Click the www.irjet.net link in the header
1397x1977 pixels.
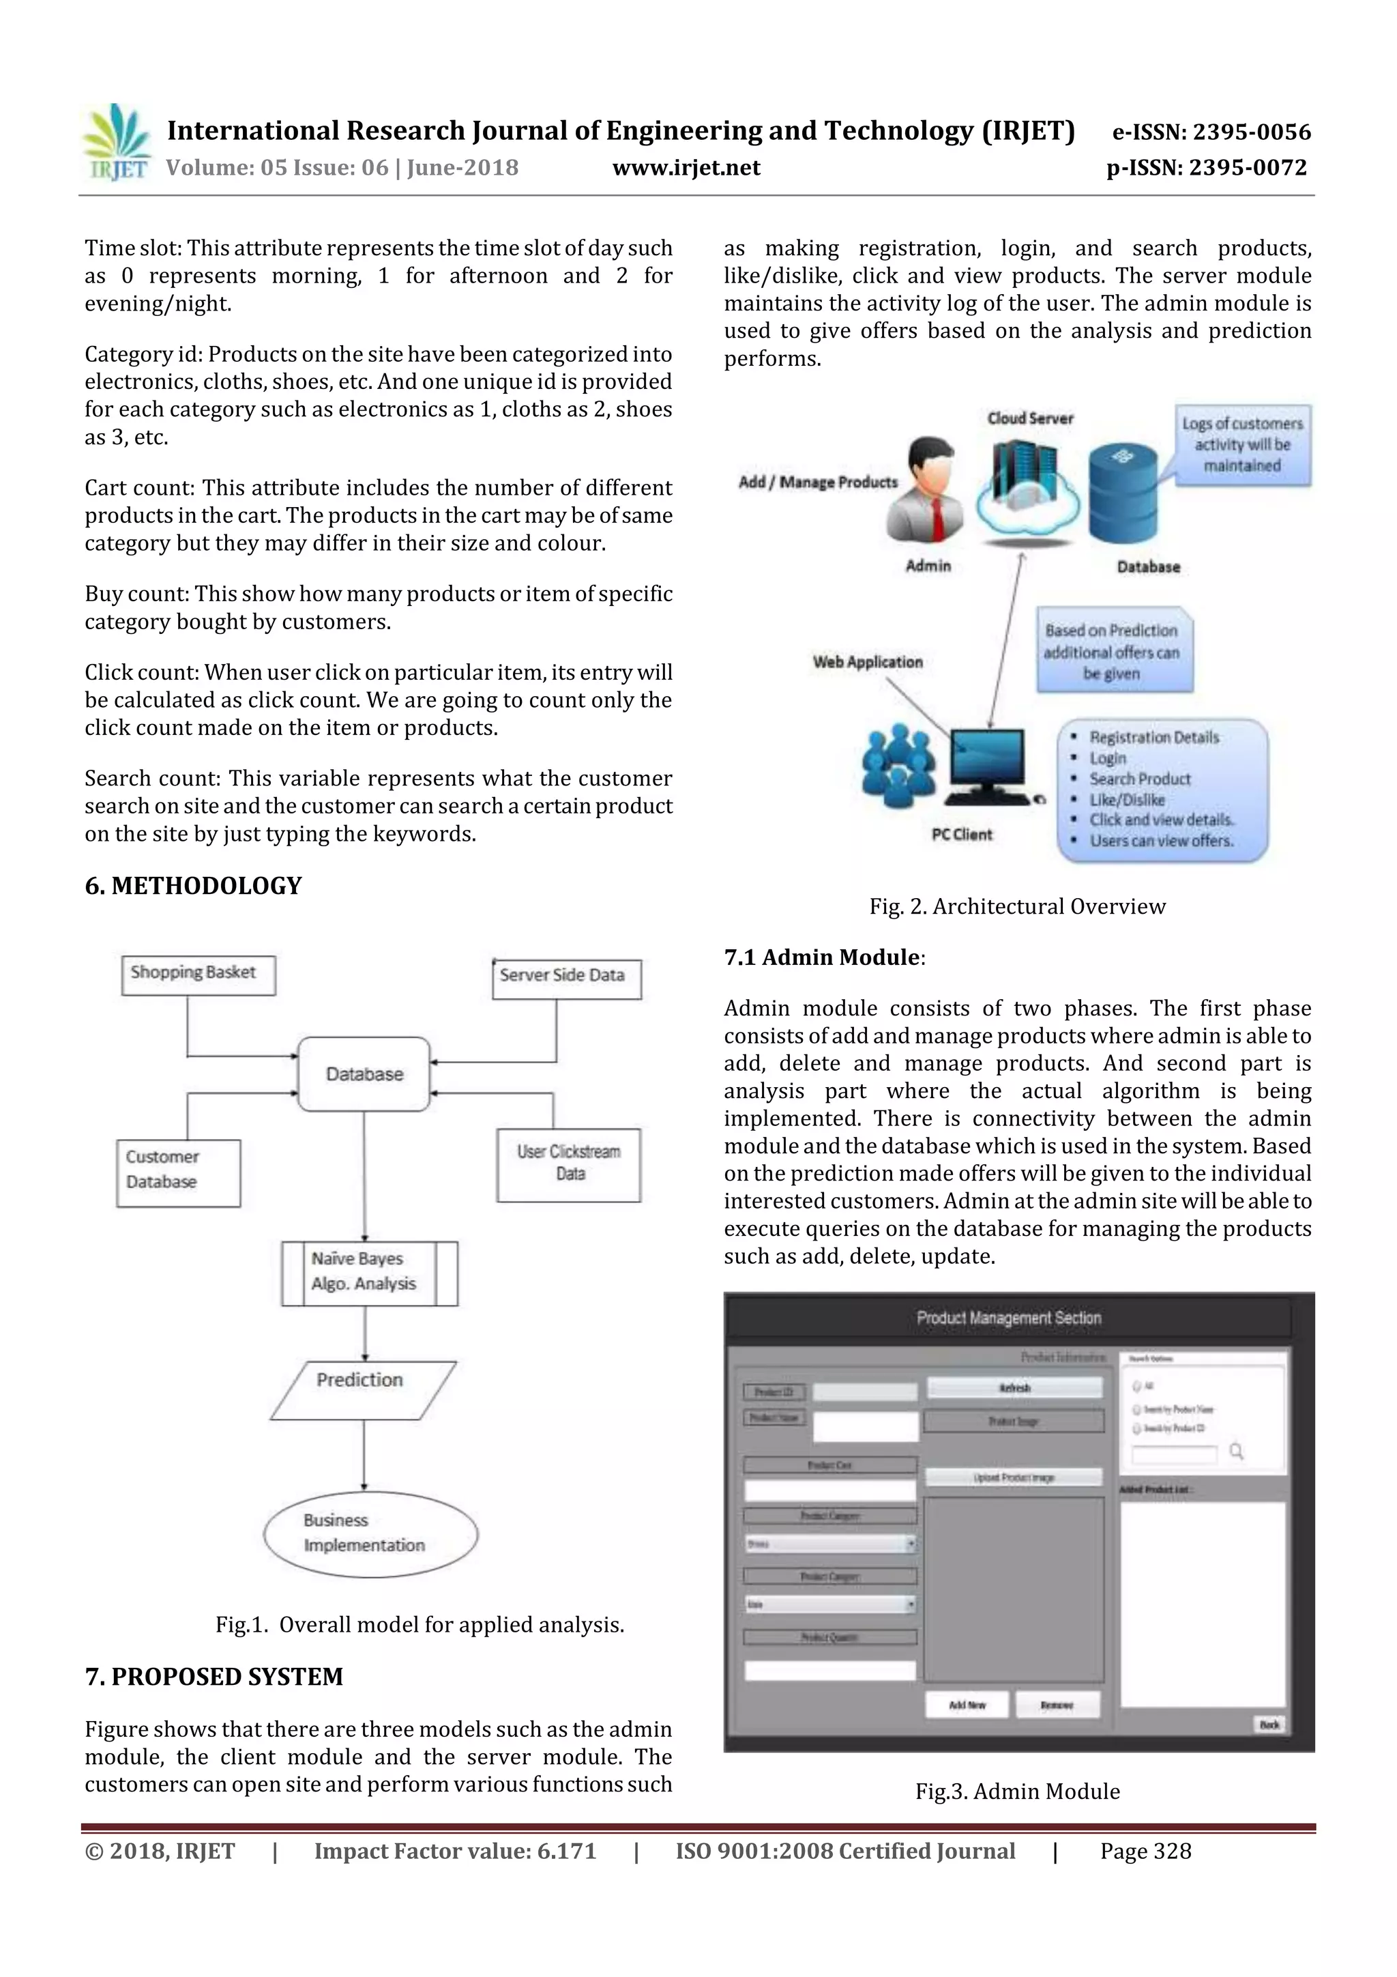[686, 167]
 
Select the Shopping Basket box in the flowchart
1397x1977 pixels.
[198, 975]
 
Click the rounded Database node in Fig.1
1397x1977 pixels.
[364, 1073]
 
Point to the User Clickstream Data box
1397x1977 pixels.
[568, 1164]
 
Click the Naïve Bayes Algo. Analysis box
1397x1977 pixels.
[369, 1273]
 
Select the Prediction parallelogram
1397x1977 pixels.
[362, 1389]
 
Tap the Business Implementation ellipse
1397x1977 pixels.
[370, 1534]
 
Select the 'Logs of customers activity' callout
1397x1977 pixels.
[1242, 445]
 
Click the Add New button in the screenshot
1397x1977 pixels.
[966, 1705]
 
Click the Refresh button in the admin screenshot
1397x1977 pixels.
[1014, 1388]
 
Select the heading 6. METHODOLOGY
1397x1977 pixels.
[193, 886]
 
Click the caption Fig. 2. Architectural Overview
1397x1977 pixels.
[1016, 907]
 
